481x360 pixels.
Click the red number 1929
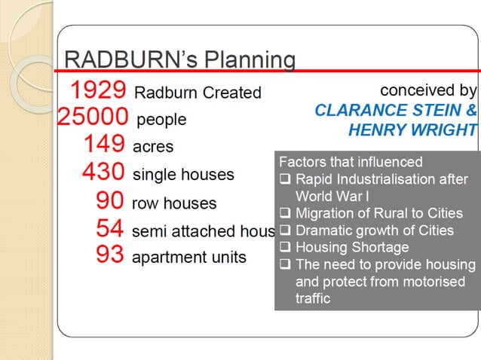98,91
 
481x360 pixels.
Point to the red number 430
103,172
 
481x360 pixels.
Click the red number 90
111,201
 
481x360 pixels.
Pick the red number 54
110,228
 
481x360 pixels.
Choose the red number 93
110,255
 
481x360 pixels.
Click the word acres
153,147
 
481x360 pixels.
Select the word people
161,120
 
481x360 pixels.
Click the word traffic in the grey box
313,298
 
